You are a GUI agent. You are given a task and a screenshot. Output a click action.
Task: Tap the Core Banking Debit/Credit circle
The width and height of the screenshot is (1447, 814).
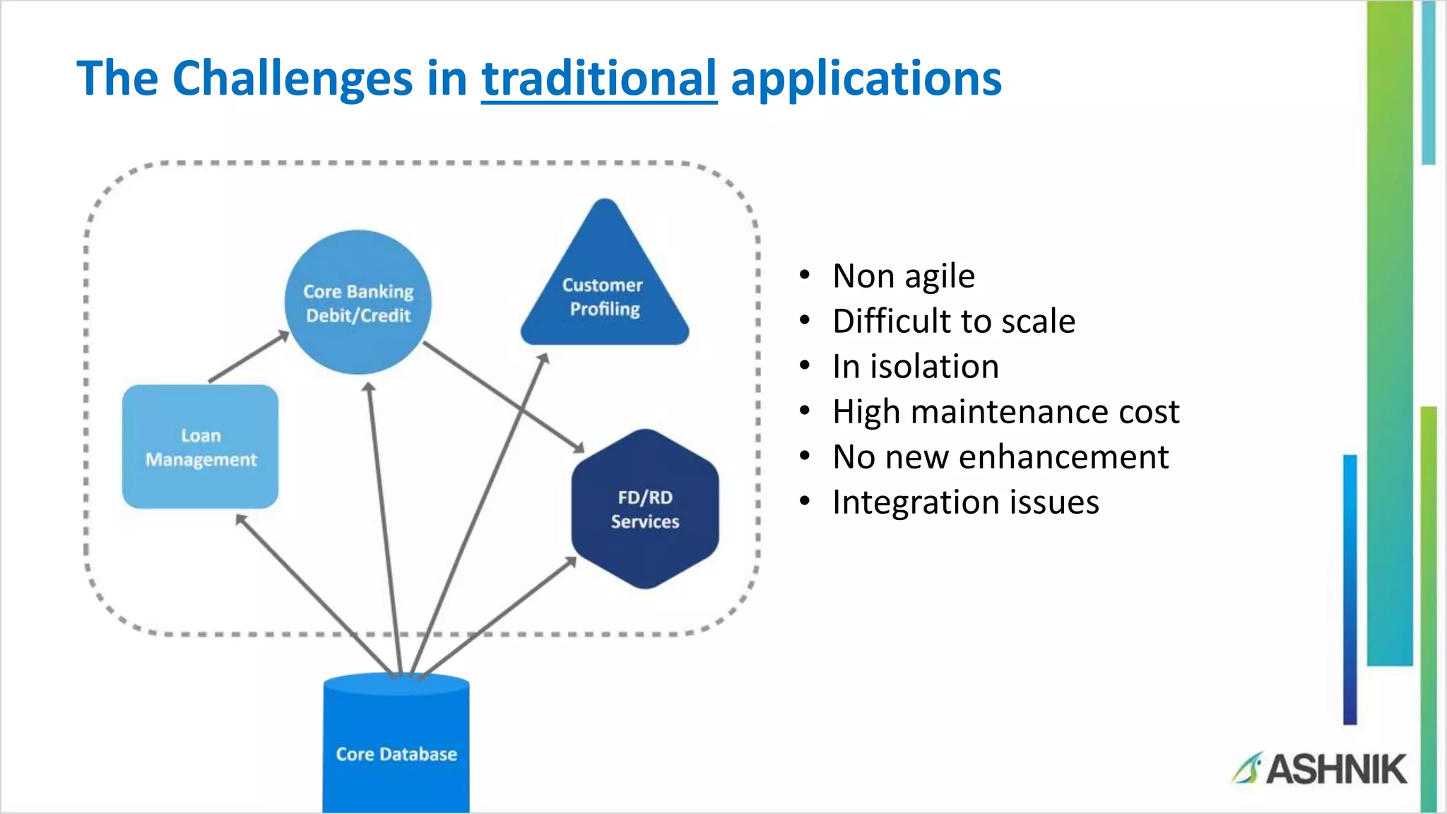coord(358,302)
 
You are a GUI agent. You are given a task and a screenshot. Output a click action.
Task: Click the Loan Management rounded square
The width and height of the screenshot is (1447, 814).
coord(200,447)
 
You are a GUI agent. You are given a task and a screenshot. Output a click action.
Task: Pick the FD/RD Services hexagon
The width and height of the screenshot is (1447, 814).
coord(644,509)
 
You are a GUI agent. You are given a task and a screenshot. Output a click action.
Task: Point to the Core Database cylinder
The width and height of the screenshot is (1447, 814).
coord(396,749)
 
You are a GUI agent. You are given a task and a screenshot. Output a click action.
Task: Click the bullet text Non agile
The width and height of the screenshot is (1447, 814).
coord(903,276)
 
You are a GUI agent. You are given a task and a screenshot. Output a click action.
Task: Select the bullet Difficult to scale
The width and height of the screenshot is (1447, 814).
coord(953,321)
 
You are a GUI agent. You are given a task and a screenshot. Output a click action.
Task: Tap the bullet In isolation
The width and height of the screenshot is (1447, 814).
coord(915,366)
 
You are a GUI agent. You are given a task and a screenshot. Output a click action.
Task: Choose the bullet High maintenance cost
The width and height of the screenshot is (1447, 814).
coord(1005,411)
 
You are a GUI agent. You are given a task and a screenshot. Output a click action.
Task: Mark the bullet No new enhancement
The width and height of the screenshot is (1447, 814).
coord(1000,456)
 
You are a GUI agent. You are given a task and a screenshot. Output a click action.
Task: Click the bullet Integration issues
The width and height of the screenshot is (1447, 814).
coord(965,502)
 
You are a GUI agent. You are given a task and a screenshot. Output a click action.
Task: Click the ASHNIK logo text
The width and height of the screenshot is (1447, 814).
coord(1335,769)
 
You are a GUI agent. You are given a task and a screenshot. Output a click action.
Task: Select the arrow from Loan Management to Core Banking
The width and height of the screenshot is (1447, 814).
coord(247,358)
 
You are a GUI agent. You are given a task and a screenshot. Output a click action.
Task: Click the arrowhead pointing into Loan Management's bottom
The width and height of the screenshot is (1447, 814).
coord(241,520)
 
